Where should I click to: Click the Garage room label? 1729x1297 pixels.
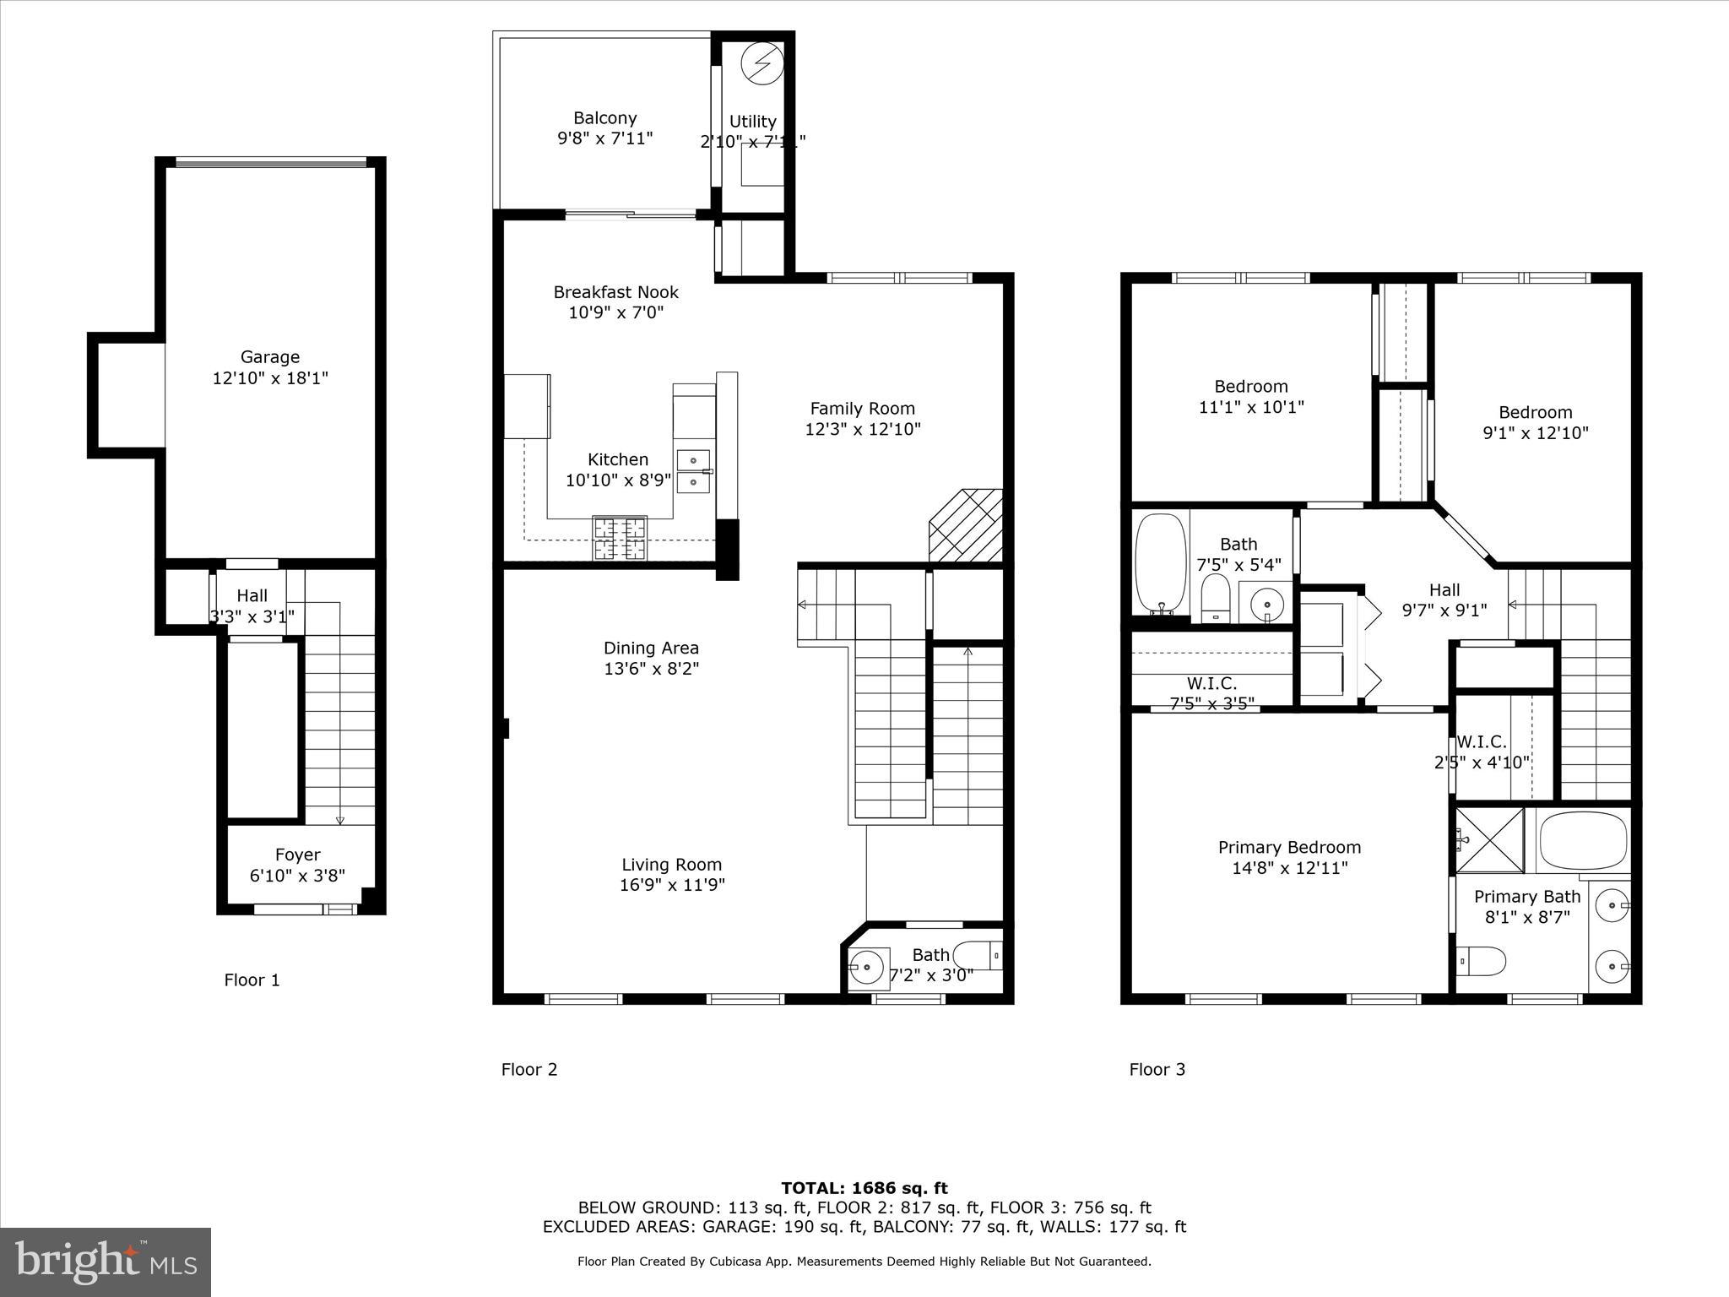(270, 357)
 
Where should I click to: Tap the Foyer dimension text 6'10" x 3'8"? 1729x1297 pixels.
(297, 876)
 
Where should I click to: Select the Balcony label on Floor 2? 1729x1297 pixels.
(604, 118)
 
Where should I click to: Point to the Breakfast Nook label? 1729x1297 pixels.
(615, 292)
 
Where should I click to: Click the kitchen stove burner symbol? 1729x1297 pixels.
(620, 539)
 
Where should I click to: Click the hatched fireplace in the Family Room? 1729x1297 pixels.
(967, 525)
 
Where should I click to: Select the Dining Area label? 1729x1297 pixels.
(651, 648)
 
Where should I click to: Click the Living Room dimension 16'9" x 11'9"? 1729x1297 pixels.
(672, 885)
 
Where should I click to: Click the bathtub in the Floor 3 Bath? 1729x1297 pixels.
(1160, 563)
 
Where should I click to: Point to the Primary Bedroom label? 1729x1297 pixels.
(1289, 847)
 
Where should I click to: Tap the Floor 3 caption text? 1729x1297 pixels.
(1157, 1069)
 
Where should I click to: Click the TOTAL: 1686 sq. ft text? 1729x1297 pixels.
(864, 1188)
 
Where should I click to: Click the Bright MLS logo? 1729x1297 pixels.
(106, 1262)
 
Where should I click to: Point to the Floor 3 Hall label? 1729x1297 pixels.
(1444, 589)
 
